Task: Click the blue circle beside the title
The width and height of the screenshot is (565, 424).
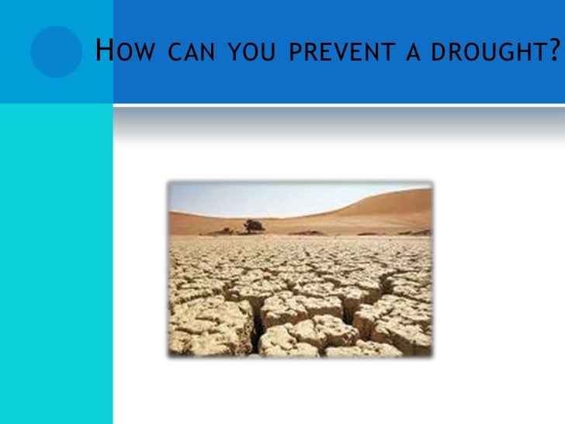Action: [56, 51]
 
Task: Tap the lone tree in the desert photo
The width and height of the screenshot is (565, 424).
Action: [253, 226]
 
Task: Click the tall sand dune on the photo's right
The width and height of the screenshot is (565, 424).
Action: [388, 210]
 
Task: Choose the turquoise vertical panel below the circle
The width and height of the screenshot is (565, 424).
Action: [56, 264]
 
